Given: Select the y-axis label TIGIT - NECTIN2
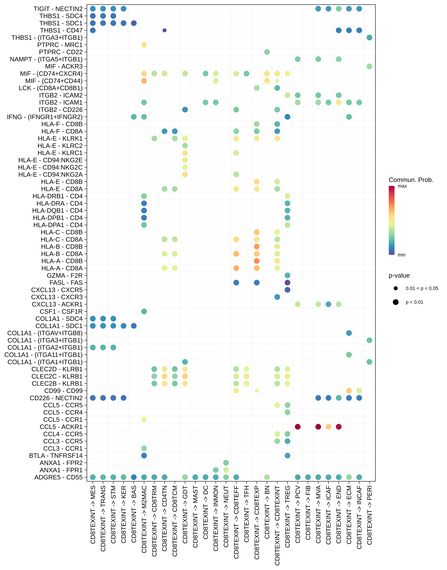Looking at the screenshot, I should point(58,9).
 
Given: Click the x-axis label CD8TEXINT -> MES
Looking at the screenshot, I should point(93,515).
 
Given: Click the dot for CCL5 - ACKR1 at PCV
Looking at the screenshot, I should point(298,427).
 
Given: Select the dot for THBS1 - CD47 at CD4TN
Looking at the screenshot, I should point(164,30).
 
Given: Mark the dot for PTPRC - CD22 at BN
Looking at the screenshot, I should point(267,52).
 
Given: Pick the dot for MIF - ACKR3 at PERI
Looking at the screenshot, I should point(369,66).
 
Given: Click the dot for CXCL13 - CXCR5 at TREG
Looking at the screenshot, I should point(287,290).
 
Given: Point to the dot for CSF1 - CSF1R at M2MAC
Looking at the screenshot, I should point(144,311).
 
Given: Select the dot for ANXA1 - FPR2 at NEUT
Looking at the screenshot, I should point(226,463).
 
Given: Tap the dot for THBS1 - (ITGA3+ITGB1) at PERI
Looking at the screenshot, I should point(369,38).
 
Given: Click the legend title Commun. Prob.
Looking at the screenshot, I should point(411,180).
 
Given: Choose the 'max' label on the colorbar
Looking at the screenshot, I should point(402,186).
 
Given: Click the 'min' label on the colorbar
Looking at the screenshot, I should point(401,255).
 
